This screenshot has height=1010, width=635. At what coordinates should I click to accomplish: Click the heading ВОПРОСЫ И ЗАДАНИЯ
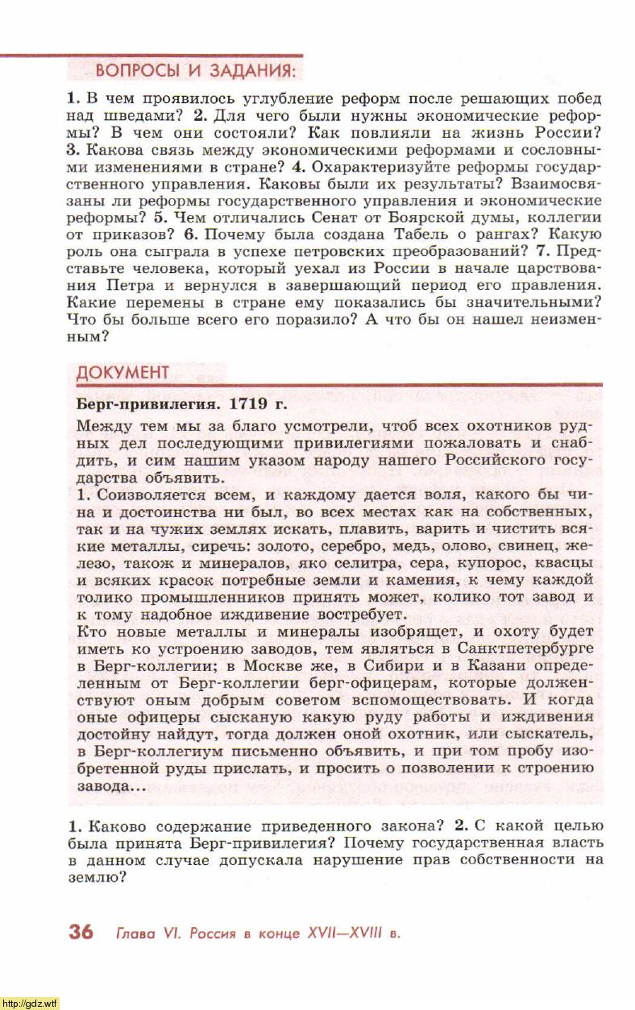(197, 70)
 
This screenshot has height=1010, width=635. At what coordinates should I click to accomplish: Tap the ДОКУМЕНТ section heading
(122, 372)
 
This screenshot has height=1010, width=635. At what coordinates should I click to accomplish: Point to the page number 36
(81, 933)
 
